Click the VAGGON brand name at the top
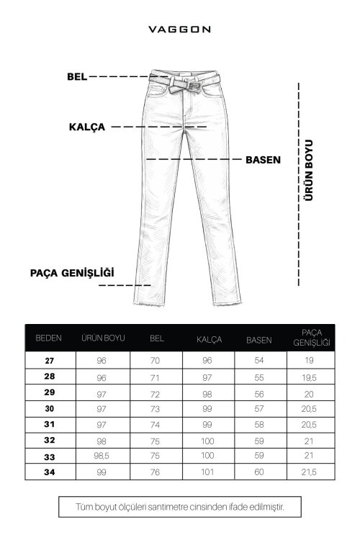point(179,30)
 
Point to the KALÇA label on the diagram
point(87,127)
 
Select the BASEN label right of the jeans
point(263,159)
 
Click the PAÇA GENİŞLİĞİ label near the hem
point(72,272)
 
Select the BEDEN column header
point(49,337)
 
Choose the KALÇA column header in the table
point(210,338)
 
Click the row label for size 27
point(49,360)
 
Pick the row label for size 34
point(49,472)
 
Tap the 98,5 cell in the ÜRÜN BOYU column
point(104,456)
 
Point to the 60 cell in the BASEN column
point(259,472)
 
